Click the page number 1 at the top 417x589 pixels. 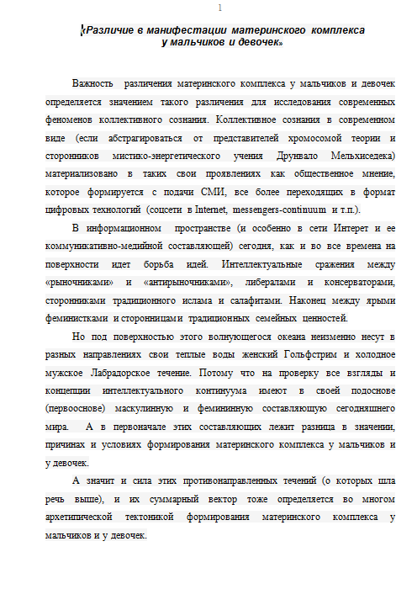click(x=219, y=8)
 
